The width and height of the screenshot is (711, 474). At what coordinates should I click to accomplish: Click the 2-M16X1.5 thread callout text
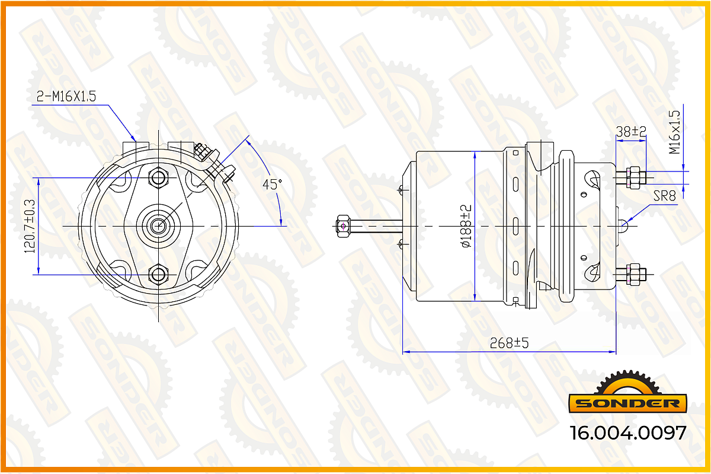(66, 96)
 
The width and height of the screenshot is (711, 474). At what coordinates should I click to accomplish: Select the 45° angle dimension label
(272, 184)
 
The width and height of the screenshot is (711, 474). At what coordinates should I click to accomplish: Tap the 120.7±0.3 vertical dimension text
(30, 226)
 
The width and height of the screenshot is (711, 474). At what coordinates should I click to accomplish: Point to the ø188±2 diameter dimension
(466, 226)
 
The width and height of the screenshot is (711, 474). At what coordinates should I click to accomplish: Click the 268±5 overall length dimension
(509, 343)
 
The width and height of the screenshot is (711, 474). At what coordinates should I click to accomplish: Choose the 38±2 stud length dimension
(631, 131)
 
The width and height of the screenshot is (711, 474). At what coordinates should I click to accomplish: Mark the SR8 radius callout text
(664, 196)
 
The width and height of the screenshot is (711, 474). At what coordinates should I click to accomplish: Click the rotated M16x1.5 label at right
(674, 132)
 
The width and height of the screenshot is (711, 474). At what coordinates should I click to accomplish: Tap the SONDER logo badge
(627, 392)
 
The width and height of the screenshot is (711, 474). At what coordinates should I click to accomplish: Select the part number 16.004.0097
(628, 433)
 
